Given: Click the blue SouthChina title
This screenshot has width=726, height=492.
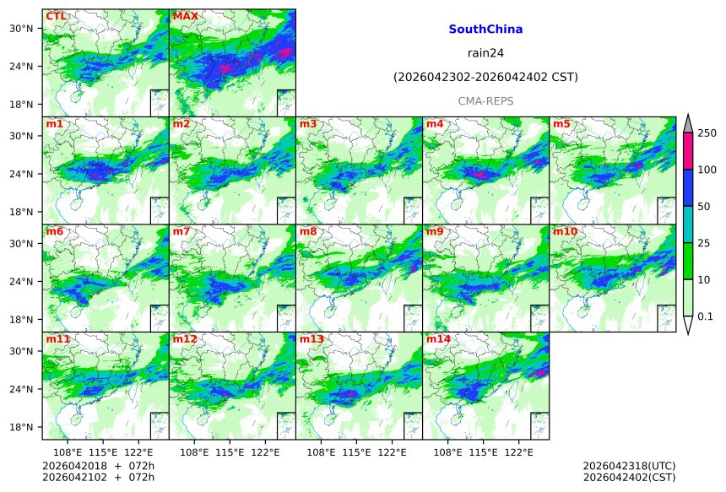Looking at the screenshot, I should [485, 30].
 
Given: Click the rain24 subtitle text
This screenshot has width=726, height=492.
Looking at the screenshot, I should [485, 53].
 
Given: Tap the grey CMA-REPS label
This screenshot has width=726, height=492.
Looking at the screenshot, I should [485, 101].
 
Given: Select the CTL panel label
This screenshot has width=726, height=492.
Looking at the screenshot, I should [56, 16].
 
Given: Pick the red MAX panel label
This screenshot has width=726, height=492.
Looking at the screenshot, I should [185, 16].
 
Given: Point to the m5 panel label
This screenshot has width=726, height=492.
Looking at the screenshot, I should [561, 124].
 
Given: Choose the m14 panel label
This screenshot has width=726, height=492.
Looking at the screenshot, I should [438, 339].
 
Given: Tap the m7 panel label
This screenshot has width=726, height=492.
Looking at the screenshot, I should [181, 231].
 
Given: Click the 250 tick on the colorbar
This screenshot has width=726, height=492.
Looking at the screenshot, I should [707, 133].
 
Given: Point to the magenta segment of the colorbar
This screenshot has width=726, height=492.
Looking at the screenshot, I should [688, 151].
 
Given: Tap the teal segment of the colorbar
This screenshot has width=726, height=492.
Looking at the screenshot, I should [688, 224].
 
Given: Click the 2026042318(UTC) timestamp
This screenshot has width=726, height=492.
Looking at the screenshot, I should [629, 466].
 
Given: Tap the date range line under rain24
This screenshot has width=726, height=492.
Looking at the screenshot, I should [485, 78].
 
